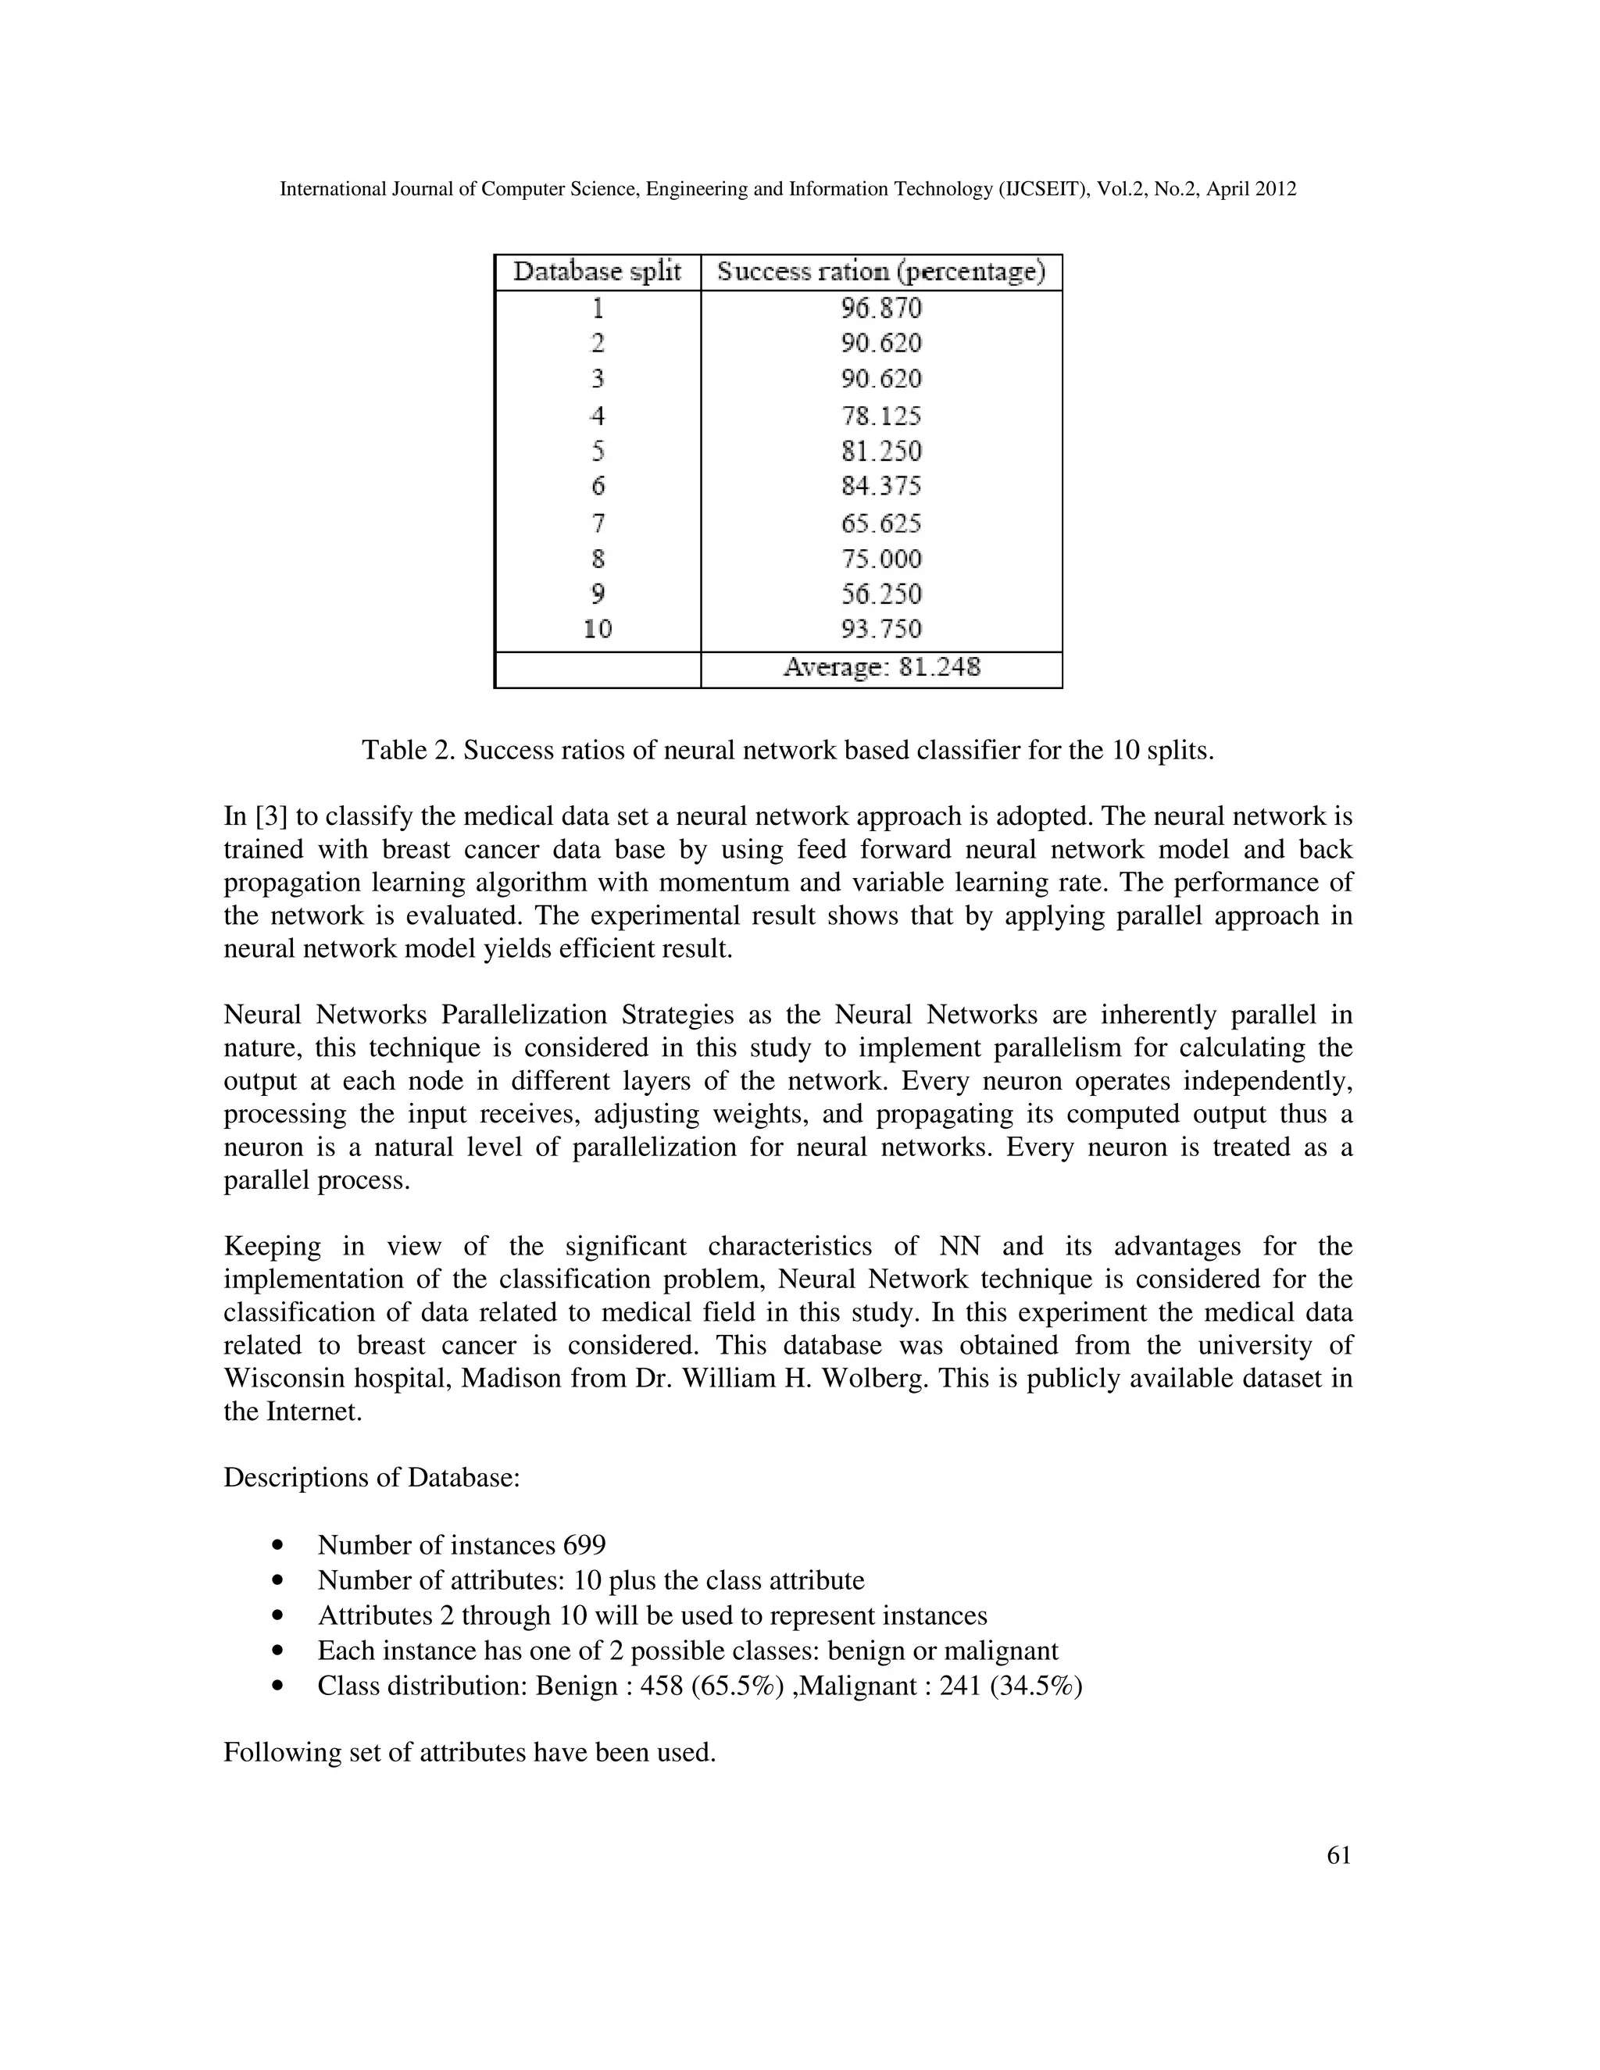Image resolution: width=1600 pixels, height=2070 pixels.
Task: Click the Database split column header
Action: click(597, 272)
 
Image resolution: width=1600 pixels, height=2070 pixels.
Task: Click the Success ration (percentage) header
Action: click(880, 272)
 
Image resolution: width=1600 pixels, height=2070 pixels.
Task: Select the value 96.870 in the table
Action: click(880, 308)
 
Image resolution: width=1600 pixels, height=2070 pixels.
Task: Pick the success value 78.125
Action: click(880, 415)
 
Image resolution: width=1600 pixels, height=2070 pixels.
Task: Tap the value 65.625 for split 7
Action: click(880, 523)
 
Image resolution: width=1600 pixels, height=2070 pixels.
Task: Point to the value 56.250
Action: click(880, 594)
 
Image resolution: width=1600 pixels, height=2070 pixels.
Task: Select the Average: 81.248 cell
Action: click(880, 668)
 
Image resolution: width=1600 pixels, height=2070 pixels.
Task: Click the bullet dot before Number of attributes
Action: click(277, 1582)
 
